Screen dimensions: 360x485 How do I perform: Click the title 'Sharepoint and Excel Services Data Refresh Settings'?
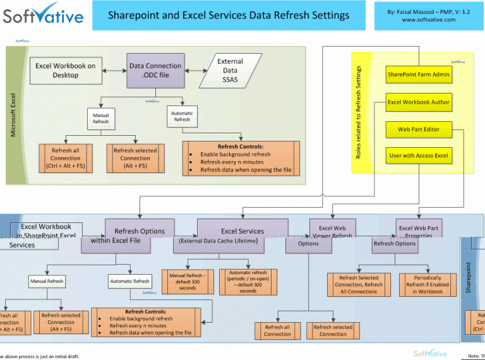click(x=228, y=15)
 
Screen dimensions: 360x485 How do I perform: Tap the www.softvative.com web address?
click(x=428, y=20)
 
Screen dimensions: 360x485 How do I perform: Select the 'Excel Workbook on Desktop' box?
click(x=66, y=70)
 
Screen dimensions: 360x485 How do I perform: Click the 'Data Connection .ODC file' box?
click(x=155, y=70)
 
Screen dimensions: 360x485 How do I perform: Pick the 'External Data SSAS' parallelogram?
click(x=229, y=70)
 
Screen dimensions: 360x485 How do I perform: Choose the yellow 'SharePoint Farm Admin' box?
click(x=419, y=75)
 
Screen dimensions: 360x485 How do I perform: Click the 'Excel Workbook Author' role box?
click(x=419, y=102)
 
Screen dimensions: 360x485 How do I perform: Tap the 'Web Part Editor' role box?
click(x=419, y=129)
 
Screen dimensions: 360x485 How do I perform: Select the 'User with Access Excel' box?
click(x=419, y=155)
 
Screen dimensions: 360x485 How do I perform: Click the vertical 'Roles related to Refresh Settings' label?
click(x=358, y=112)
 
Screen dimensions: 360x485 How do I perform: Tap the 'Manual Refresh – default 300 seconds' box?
click(x=188, y=282)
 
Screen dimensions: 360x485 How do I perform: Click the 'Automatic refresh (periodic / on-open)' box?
click(x=248, y=282)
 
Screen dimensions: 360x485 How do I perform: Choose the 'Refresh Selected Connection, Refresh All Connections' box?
click(x=359, y=284)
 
